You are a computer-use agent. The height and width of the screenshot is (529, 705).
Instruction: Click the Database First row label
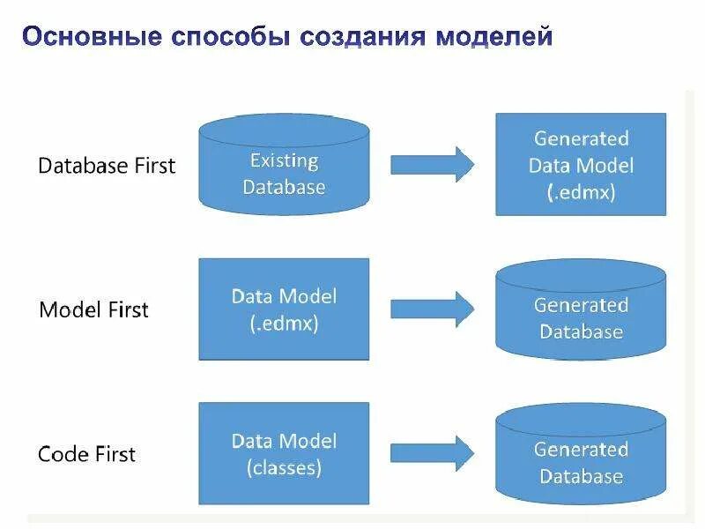[x=107, y=165]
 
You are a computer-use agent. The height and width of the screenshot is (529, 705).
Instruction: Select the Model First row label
[x=93, y=309]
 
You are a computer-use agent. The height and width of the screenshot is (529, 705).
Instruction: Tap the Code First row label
[x=86, y=454]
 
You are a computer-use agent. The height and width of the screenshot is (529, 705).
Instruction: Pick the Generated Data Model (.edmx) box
[x=581, y=165]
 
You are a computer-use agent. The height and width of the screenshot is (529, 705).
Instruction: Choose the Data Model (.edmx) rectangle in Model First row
[x=284, y=309]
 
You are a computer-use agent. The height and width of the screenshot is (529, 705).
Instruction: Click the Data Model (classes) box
[x=284, y=453]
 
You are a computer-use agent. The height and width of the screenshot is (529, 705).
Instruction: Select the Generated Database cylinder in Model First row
[x=581, y=310]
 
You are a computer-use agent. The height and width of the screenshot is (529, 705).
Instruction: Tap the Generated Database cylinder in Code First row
[x=581, y=455]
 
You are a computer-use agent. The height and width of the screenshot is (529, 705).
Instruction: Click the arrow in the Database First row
[x=432, y=165]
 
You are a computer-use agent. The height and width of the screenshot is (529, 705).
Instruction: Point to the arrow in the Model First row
[x=432, y=309]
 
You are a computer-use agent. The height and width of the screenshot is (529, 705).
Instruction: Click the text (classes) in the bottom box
[x=284, y=467]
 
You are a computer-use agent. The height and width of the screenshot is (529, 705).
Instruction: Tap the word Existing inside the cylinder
[x=284, y=160]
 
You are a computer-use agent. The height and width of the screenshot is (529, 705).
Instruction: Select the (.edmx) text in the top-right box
[x=581, y=192]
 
